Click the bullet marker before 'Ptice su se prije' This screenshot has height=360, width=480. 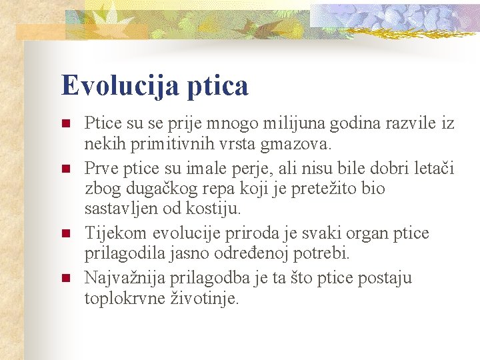click(x=65, y=123)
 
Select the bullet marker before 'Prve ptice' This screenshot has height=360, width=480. click(x=65, y=168)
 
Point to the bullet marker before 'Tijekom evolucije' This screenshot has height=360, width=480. click(x=65, y=233)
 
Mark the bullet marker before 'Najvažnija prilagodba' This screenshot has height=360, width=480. click(x=65, y=277)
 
